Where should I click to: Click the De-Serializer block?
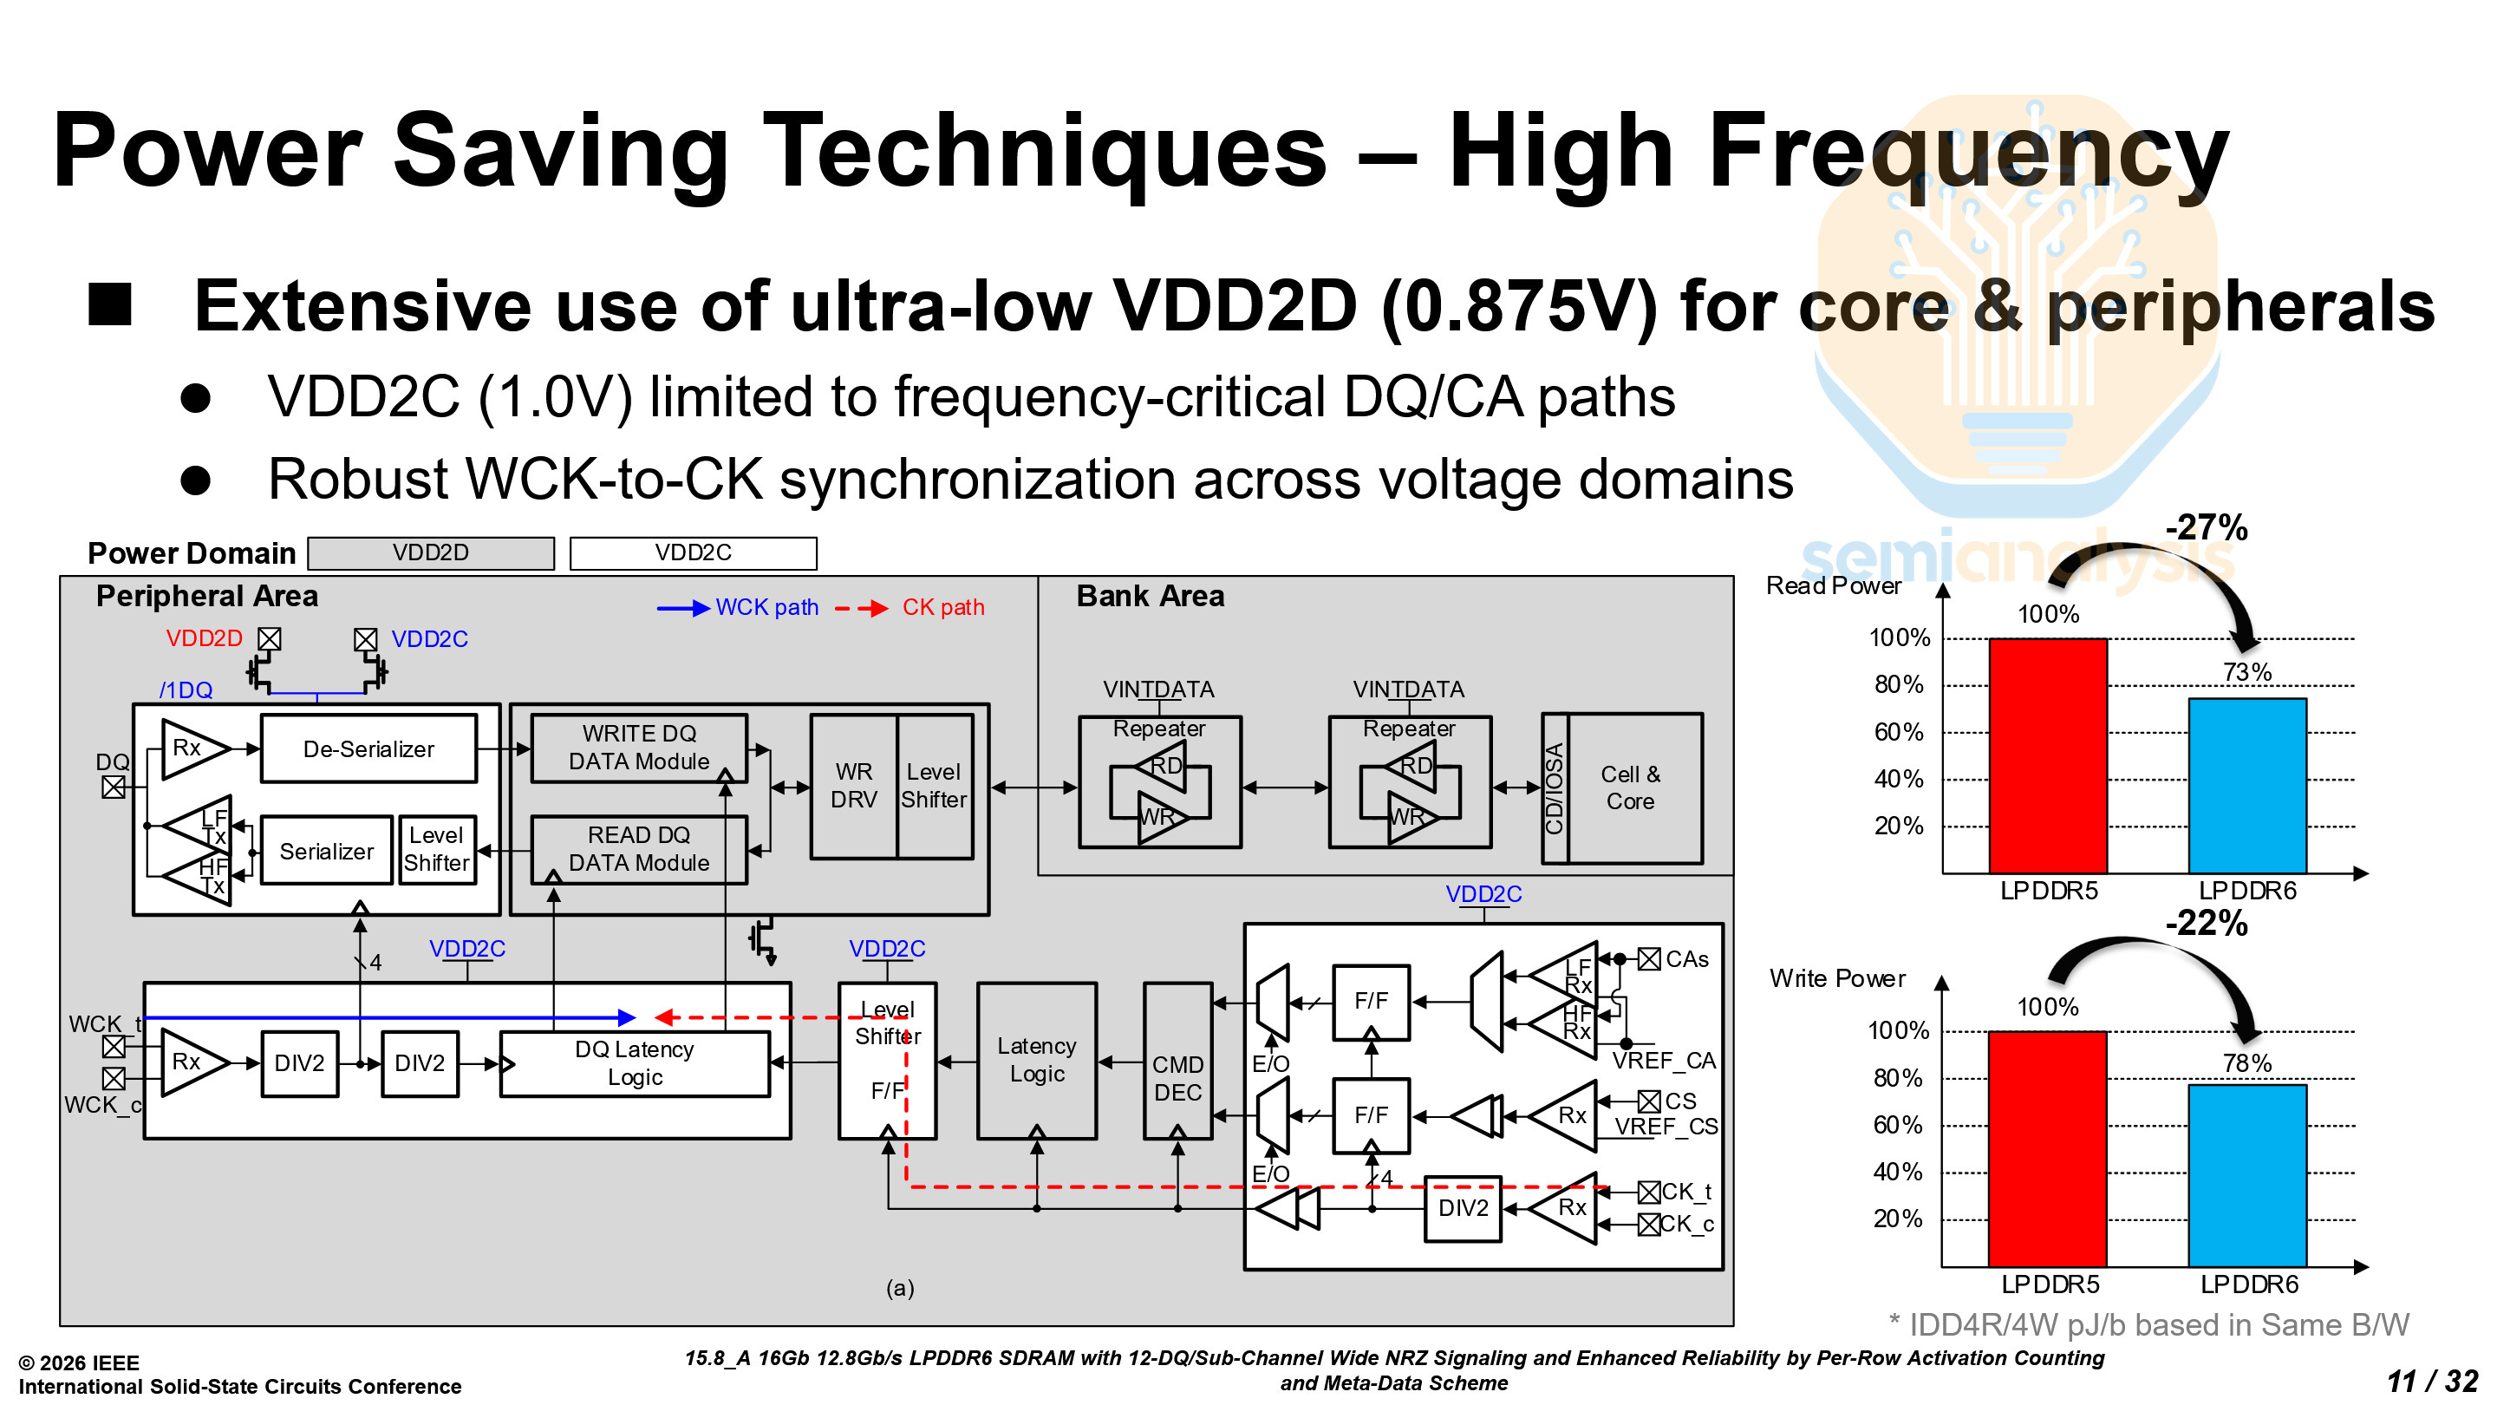pos(368,748)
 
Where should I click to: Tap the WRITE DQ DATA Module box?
pos(639,748)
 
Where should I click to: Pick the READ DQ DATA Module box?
pos(639,849)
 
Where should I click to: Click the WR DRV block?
pos(854,787)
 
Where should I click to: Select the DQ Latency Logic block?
pos(635,1063)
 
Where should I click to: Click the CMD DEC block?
pos(1177,1078)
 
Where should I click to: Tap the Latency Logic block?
pos(1037,1060)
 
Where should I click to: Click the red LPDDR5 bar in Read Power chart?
pos(2047,755)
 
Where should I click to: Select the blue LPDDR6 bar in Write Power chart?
pos(2247,1175)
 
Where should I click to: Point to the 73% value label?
pos(2247,672)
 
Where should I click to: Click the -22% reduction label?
pos(2207,923)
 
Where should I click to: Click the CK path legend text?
pos(943,608)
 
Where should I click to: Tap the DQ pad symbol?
pos(114,787)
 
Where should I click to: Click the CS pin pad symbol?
pos(1649,1101)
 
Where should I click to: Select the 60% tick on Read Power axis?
pos(1898,732)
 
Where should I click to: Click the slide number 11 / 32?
pos(2432,1381)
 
